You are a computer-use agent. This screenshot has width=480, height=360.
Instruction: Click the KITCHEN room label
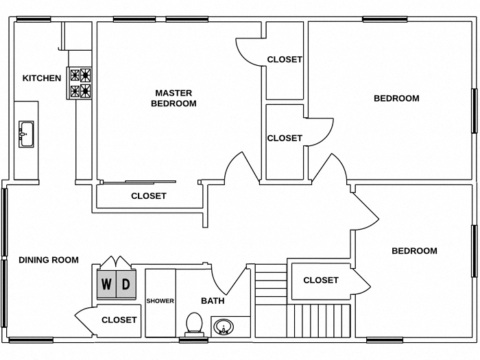(42, 78)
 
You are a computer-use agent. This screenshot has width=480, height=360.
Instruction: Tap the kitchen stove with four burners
(80, 83)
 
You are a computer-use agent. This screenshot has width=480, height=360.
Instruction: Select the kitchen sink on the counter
(27, 133)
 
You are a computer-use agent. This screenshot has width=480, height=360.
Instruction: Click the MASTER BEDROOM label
(173, 98)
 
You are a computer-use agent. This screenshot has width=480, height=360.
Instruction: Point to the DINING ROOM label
(48, 260)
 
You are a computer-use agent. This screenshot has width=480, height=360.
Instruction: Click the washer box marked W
(106, 284)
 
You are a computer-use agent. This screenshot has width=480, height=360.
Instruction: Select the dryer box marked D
(125, 284)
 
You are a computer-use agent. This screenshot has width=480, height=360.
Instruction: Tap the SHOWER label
(160, 301)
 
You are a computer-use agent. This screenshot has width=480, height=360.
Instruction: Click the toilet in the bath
(195, 323)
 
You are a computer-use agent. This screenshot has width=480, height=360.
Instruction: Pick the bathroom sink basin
(223, 327)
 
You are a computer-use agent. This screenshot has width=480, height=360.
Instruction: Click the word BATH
(213, 301)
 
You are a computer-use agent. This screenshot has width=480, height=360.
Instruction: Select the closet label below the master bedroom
(149, 196)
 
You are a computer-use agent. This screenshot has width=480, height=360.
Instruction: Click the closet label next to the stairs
(321, 280)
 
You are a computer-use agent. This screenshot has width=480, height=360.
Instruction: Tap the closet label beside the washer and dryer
(119, 320)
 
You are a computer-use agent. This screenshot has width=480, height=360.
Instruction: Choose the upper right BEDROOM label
(396, 98)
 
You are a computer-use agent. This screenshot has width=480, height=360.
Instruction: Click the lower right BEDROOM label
(414, 251)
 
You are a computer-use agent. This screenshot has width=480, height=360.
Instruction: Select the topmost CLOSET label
(285, 60)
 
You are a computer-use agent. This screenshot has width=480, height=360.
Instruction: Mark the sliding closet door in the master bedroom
(139, 182)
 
